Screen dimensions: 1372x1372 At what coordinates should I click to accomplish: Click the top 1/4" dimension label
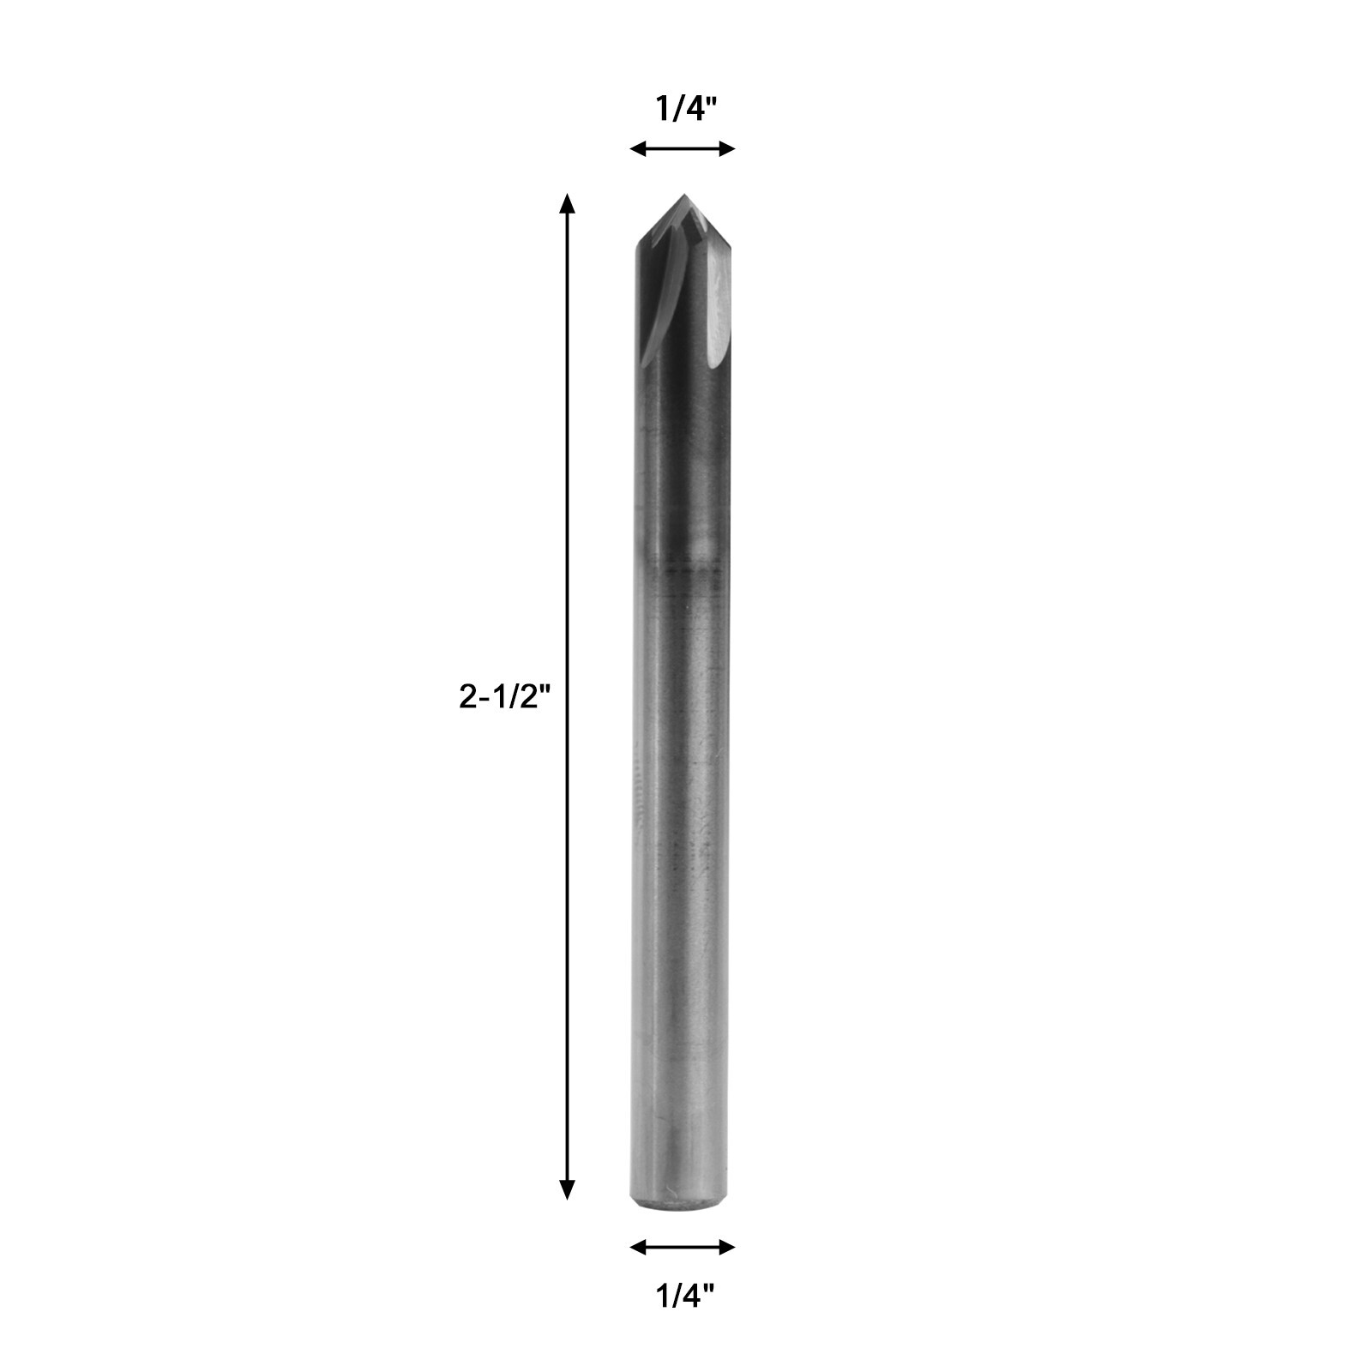point(685,110)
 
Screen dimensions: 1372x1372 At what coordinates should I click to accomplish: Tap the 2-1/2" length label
point(502,697)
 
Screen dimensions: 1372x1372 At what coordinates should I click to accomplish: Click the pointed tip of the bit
point(683,196)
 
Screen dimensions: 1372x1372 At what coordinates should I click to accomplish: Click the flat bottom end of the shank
point(683,1208)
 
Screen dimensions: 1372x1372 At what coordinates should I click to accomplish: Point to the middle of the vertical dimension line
point(566,696)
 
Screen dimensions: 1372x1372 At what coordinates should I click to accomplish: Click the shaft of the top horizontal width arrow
point(683,149)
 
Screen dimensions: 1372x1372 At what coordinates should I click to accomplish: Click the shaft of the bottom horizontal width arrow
point(683,1247)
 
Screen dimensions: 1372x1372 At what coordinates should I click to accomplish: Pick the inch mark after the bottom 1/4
point(711,1290)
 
